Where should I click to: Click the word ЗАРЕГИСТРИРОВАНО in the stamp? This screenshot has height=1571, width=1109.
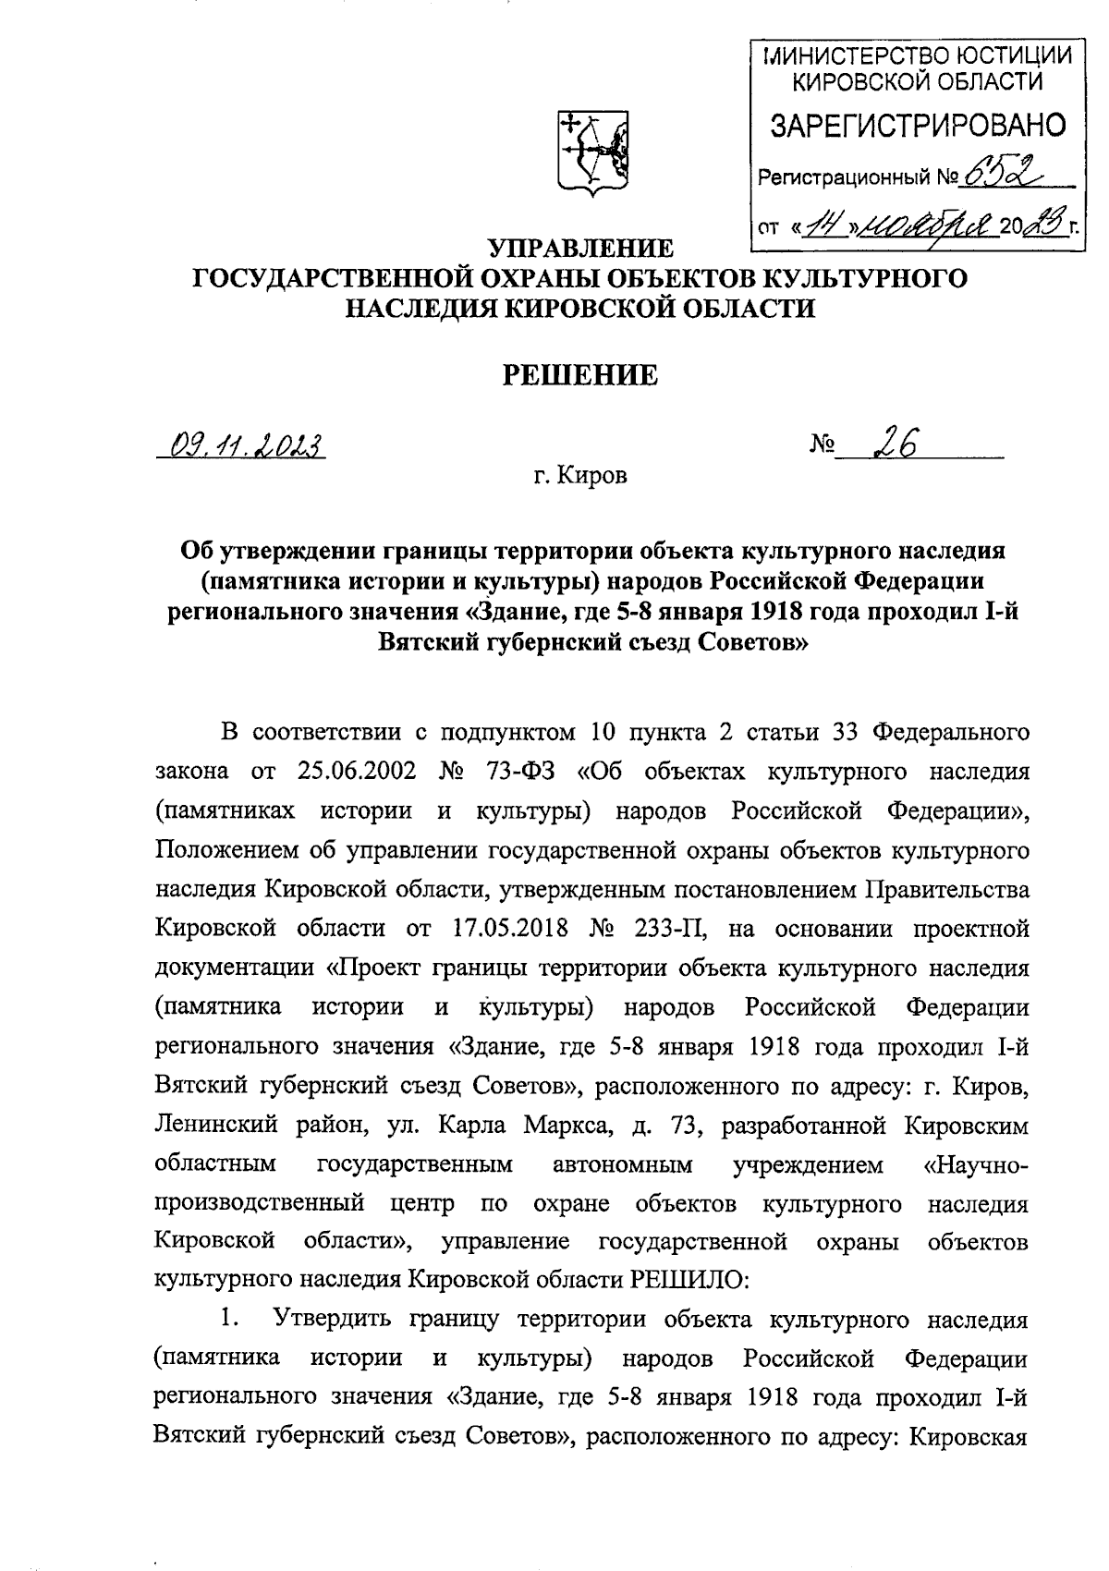point(918,125)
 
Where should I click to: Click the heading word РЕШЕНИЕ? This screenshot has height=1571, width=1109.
point(579,375)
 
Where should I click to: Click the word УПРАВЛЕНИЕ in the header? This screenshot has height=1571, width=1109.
point(579,248)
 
